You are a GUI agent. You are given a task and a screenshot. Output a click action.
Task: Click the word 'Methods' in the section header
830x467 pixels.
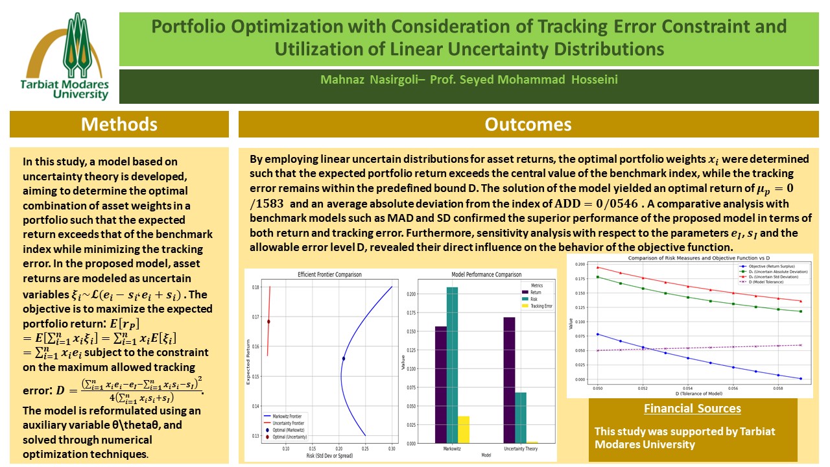click(119, 124)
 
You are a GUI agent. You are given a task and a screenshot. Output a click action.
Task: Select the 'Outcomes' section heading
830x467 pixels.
click(528, 124)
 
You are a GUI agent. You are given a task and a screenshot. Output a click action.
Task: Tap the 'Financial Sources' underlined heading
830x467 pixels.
click(693, 409)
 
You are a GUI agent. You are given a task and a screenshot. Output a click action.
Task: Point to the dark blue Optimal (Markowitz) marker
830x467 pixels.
click(344, 359)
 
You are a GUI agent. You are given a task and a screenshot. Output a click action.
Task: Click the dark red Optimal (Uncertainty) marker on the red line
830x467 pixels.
click(268, 321)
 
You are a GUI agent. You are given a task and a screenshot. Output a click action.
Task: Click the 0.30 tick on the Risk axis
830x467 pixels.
click(392, 448)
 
